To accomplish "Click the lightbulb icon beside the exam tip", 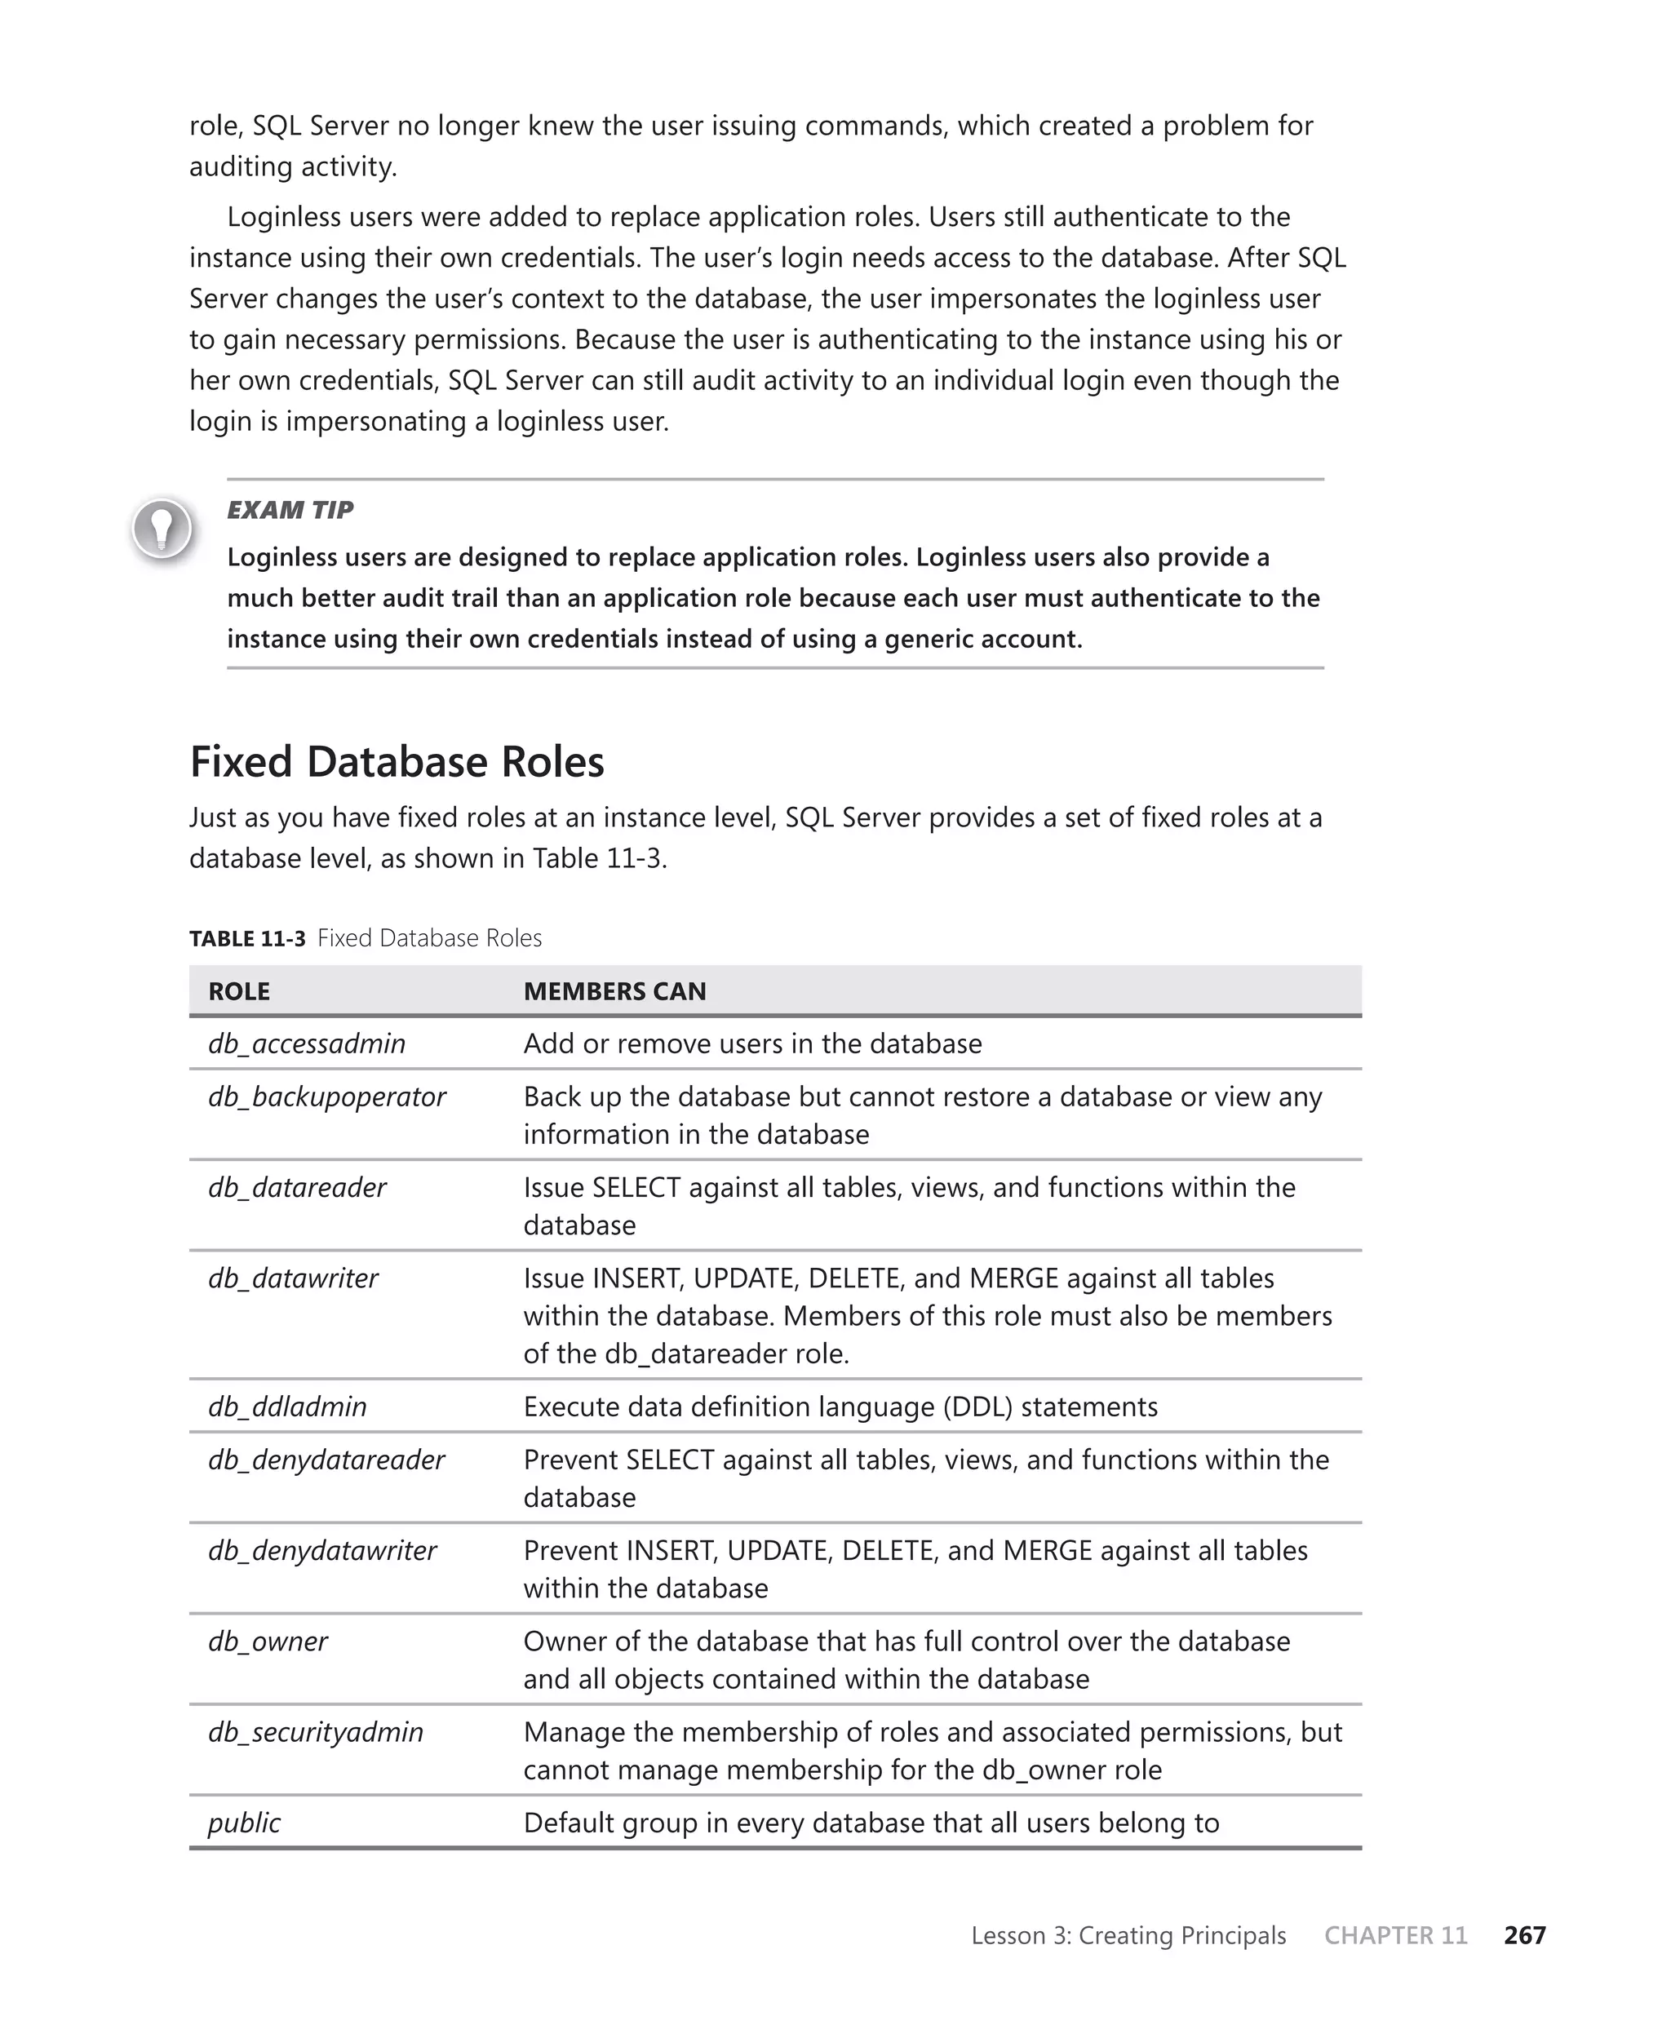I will click(x=162, y=528).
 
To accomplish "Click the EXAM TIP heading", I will click(x=290, y=510).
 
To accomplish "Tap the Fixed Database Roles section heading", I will click(x=397, y=762).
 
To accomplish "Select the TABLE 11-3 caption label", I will click(x=247, y=938).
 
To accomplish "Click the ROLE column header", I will click(x=239, y=991).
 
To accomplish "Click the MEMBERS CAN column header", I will click(x=614, y=991).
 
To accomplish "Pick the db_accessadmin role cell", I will click(x=306, y=1044).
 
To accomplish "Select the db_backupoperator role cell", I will click(x=326, y=1097).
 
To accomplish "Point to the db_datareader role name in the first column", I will click(x=296, y=1187).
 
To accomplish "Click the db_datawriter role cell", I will click(x=293, y=1278).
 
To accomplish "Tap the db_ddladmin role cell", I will click(x=287, y=1407).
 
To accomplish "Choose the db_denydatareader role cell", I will click(x=326, y=1460).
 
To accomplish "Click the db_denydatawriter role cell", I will click(x=321, y=1550).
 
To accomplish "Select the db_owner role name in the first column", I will click(x=268, y=1641).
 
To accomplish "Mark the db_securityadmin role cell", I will click(x=315, y=1732).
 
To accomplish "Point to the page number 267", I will click(x=1524, y=1935).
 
